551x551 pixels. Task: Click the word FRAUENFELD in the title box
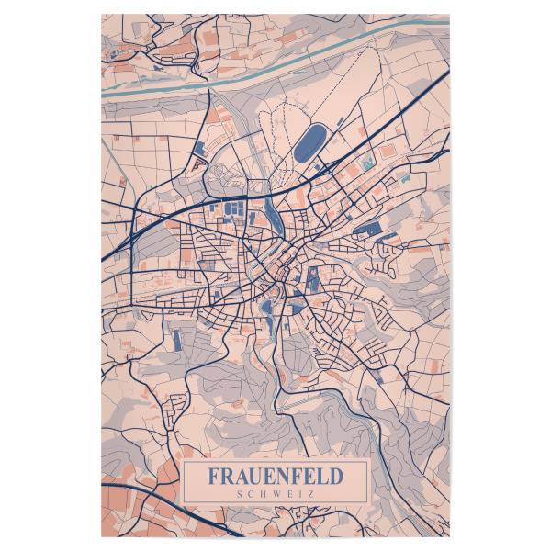[275, 477]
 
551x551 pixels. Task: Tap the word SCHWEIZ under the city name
[275, 493]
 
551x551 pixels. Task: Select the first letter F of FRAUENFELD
[214, 477]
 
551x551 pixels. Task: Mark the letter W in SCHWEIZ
[275, 493]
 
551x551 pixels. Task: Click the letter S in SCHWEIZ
[240, 493]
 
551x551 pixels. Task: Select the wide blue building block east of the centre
[367, 229]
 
